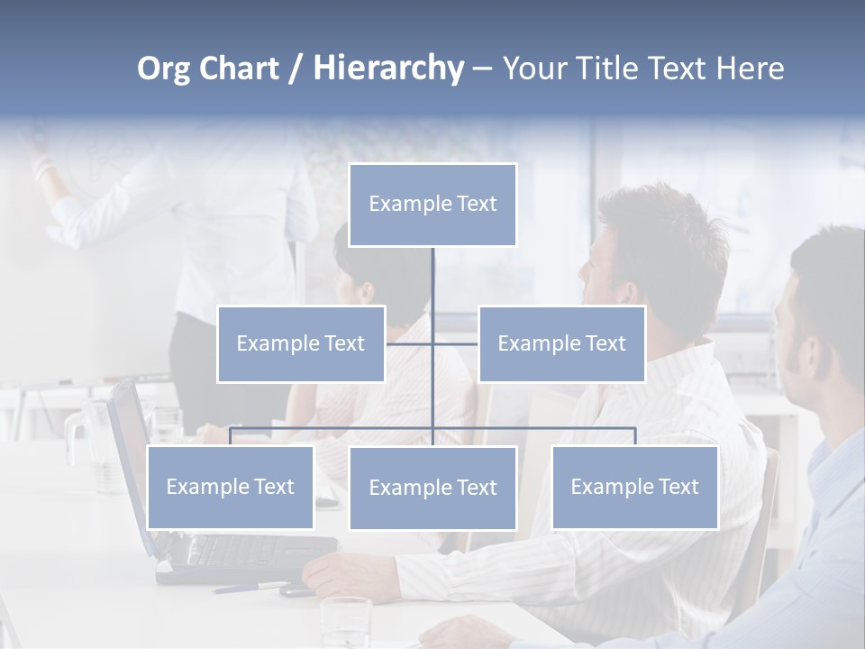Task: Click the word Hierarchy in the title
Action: click(387, 69)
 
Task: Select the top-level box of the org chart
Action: click(432, 205)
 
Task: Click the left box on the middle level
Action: click(301, 343)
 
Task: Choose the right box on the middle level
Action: click(561, 343)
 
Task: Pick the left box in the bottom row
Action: click(230, 487)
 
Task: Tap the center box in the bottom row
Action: click(432, 488)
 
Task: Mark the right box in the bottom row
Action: click(634, 487)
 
